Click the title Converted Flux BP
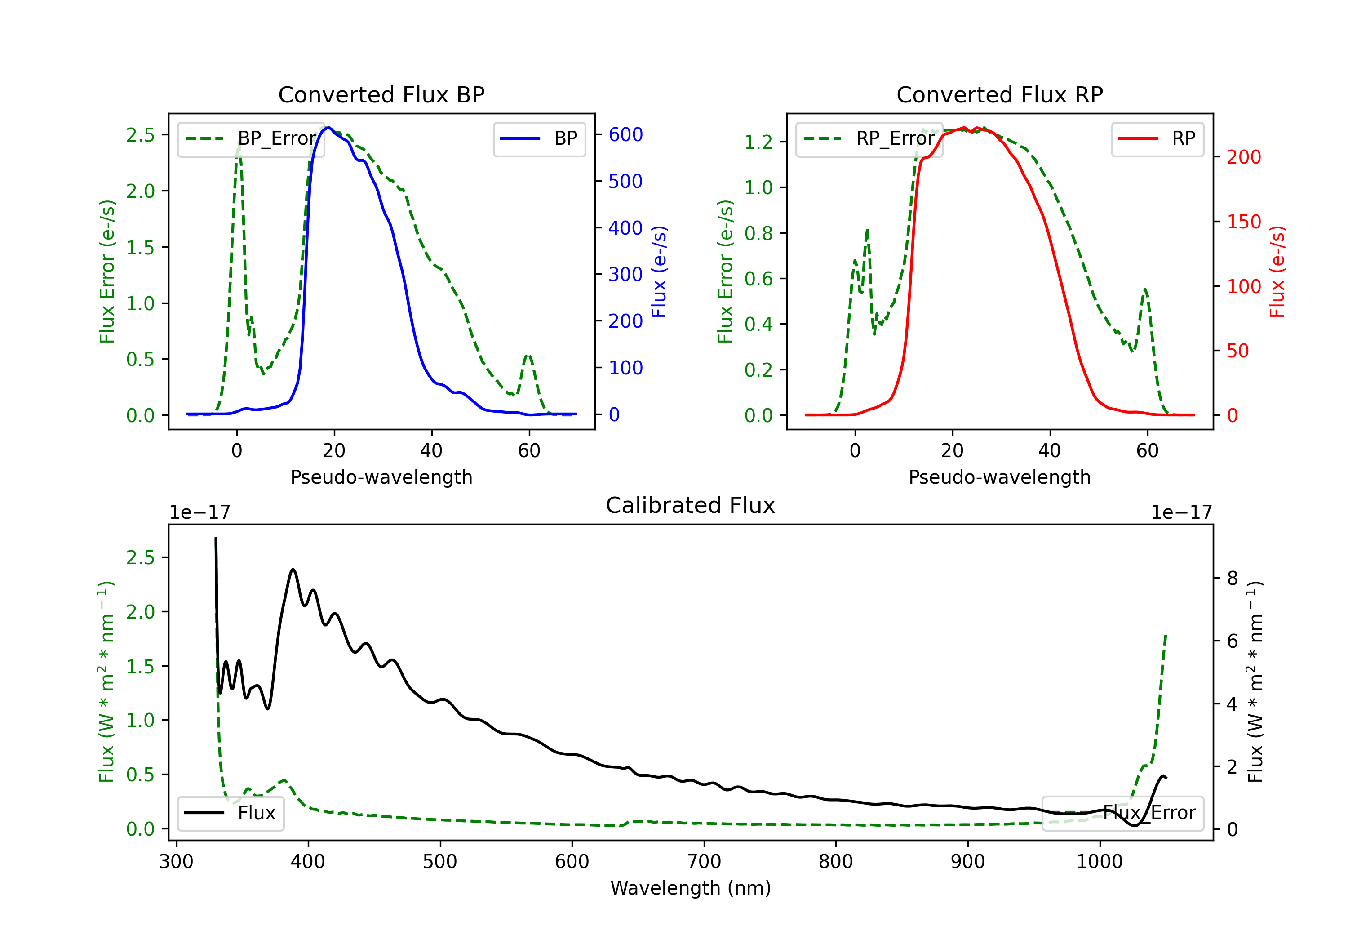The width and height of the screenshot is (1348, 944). coord(381,94)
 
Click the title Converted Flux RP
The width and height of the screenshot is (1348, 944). coord(999,94)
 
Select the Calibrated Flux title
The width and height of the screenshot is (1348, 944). coord(691,505)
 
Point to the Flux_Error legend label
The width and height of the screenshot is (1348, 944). coord(1149,813)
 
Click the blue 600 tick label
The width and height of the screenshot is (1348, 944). coord(625,134)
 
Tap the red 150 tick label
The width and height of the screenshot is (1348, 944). coord(1243,222)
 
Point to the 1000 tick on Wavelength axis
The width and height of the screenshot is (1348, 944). coord(1099,862)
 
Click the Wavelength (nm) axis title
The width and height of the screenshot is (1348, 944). coord(691,888)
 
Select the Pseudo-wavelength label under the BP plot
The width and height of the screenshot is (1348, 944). coord(381,477)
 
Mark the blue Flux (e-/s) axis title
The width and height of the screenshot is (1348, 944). coord(659,272)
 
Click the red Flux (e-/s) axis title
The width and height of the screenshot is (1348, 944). coord(1277,272)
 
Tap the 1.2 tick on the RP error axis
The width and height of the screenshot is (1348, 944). coord(758,142)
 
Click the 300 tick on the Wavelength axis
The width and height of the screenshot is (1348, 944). coord(176,862)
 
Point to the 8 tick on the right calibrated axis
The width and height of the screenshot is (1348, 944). coord(1233,579)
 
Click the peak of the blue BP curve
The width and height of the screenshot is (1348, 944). coord(329,128)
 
